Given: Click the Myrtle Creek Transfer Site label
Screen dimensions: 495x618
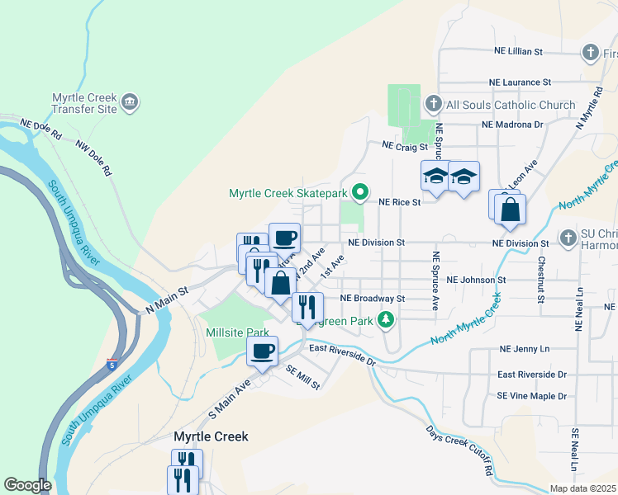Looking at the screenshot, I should [x=84, y=103].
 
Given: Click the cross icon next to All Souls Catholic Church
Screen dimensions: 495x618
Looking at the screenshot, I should [x=432, y=104].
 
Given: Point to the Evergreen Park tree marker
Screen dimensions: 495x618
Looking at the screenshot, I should [x=385, y=319].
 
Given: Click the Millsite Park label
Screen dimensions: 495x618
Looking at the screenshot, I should [x=238, y=332].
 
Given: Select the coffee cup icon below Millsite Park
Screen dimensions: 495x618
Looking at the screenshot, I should [x=263, y=352].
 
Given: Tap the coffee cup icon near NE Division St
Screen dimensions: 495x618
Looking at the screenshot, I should [x=284, y=238].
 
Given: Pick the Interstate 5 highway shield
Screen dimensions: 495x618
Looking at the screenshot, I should [x=111, y=364].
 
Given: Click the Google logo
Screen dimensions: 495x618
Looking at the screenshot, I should [x=27, y=485].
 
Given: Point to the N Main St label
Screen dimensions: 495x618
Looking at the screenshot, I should [x=168, y=299].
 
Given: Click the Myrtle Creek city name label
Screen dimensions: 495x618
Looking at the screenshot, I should [x=211, y=436].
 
